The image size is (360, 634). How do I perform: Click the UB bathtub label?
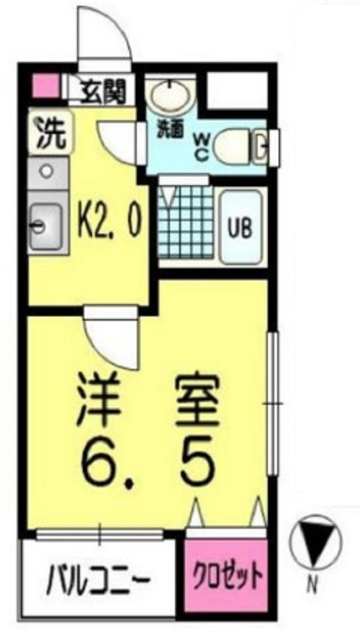point(240,230)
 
